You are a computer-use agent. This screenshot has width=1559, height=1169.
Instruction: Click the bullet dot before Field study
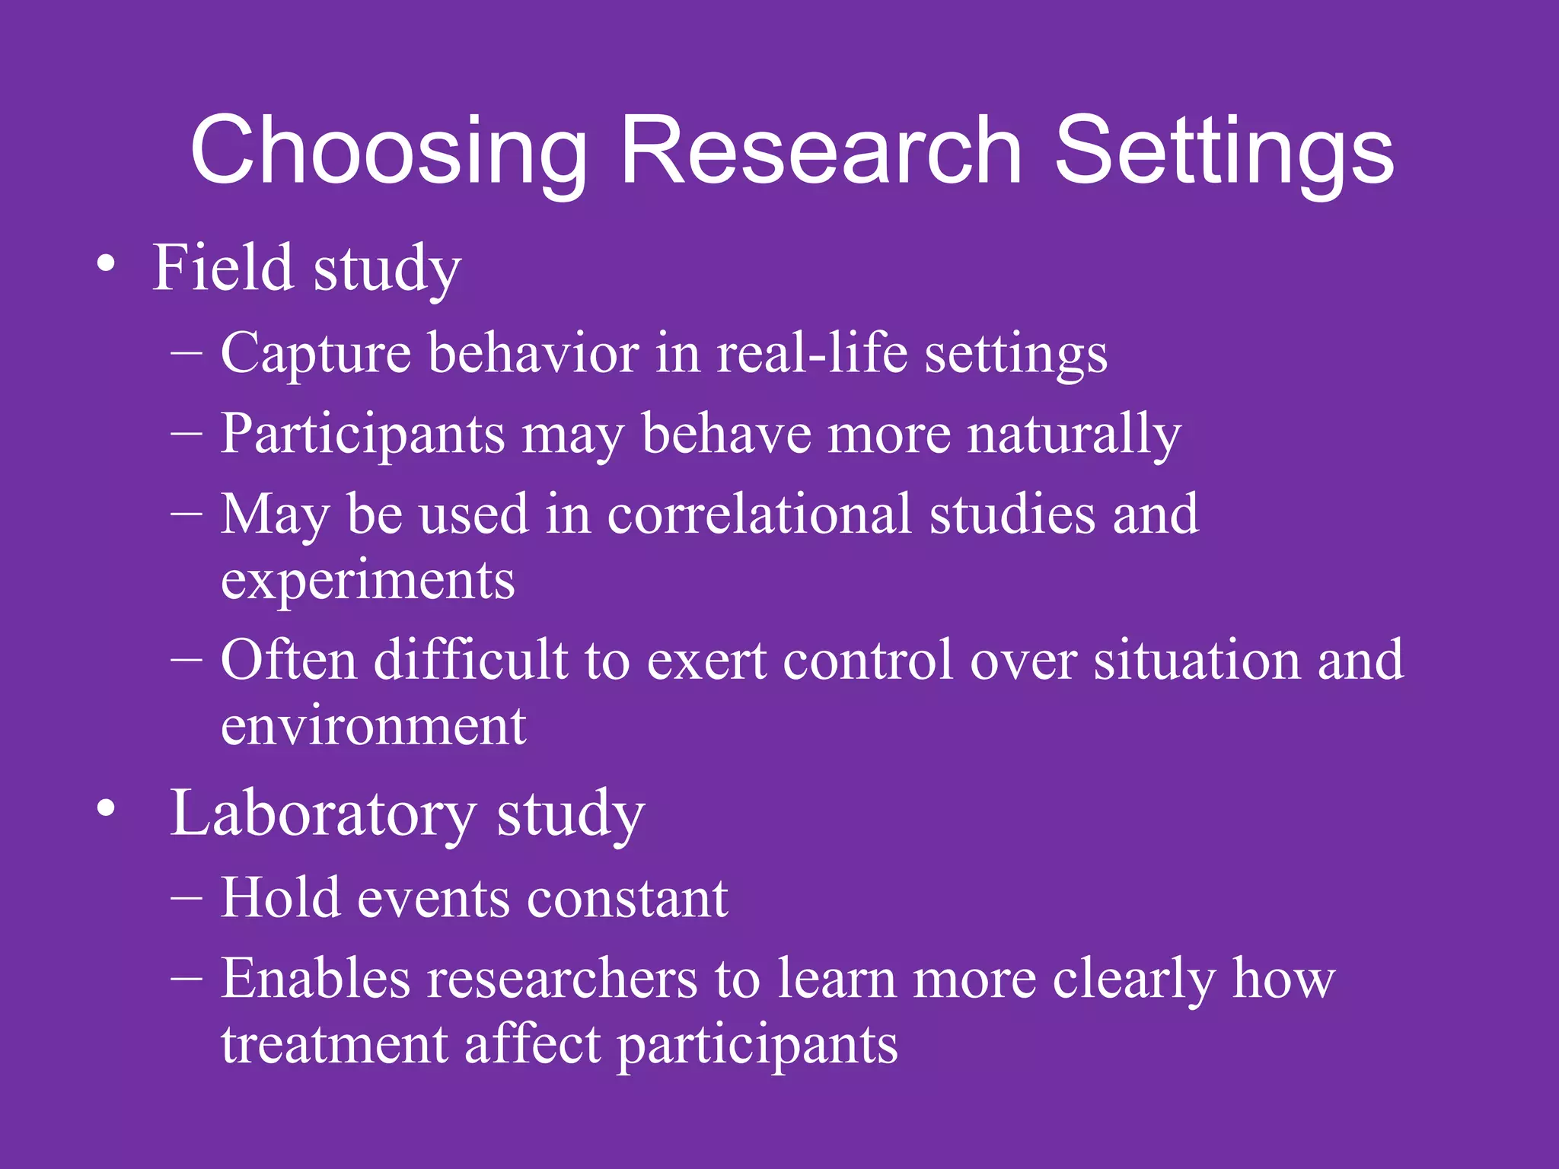coord(107,266)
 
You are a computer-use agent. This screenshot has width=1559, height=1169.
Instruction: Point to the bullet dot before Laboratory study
coord(107,809)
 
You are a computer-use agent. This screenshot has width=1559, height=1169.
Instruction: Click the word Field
coord(222,267)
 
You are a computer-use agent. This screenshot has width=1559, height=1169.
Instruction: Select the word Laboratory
coord(323,813)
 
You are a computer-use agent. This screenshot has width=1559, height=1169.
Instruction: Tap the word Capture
coord(315,354)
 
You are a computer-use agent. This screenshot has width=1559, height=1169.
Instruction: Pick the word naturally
coord(1074,435)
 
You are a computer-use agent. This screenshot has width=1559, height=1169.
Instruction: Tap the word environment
coord(373,726)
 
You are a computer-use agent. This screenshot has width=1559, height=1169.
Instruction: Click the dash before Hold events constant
coord(187,898)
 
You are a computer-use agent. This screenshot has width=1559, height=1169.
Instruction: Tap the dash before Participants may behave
coord(187,433)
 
